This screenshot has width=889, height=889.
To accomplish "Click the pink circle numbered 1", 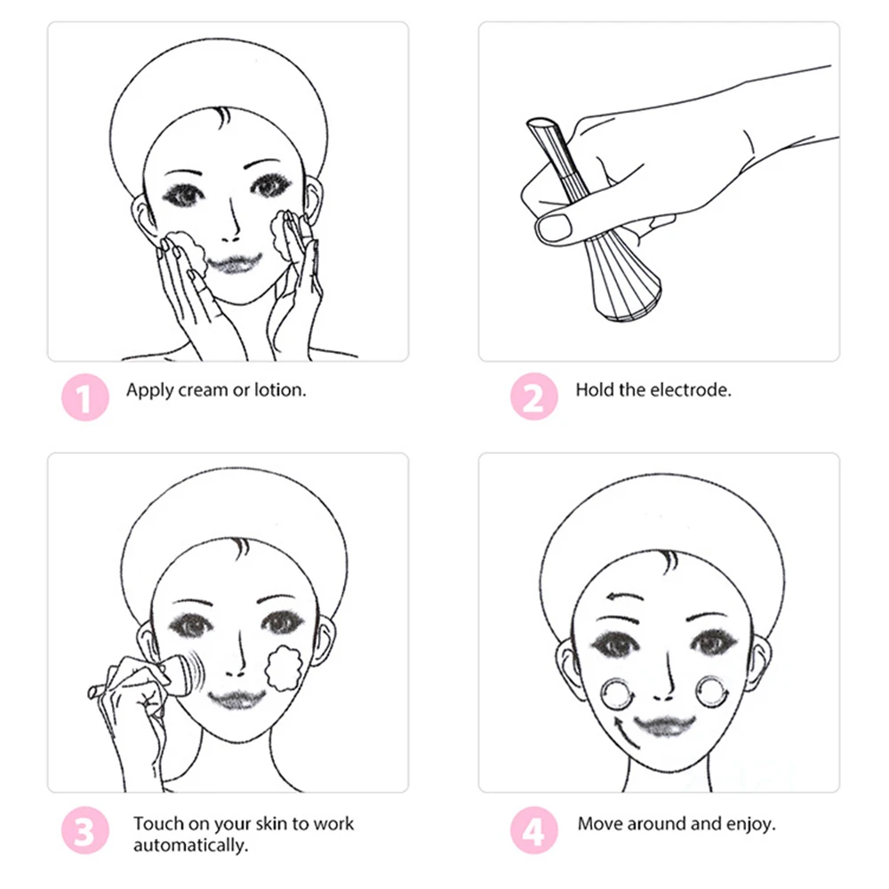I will (x=84, y=397).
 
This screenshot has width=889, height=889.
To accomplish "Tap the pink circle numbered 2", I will (x=533, y=397).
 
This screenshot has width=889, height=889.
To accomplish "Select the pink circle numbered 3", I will (x=84, y=833).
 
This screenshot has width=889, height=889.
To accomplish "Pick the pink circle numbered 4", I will (x=533, y=833).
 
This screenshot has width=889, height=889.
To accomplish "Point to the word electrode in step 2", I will (x=691, y=389).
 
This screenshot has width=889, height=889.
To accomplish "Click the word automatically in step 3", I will (x=189, y=845).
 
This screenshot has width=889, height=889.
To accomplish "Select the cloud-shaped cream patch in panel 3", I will (x=284, y=669).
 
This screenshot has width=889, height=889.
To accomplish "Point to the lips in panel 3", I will (x=235, y=699).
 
